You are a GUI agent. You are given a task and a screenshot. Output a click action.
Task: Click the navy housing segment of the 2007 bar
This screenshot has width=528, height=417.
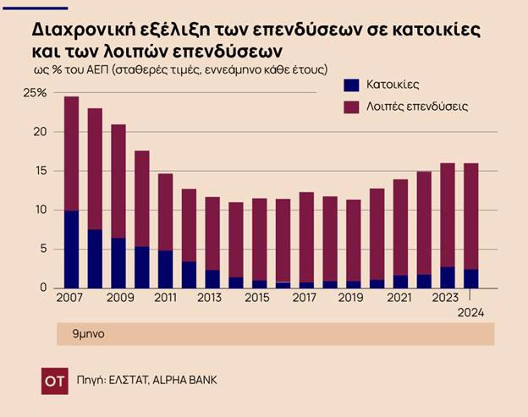(x=71, y=250)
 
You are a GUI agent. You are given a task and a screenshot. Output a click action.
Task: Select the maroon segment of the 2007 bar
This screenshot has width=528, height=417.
(x=71, y=153)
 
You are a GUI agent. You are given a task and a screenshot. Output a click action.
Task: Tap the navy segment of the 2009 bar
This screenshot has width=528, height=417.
(x=118, y=263)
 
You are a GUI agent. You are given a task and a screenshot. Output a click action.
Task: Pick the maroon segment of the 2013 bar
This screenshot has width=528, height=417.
(x=212, y=233)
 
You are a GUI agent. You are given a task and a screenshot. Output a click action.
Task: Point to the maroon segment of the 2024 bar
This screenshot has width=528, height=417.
(x=471, y=216)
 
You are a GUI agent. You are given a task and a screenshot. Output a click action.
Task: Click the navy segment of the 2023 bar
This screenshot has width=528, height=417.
(x=448, y=277)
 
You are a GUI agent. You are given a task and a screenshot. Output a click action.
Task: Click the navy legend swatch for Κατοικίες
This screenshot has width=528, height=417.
(x=352, y=85)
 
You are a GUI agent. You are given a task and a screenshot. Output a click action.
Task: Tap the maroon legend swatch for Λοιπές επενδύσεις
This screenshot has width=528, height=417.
(x=352, y=107)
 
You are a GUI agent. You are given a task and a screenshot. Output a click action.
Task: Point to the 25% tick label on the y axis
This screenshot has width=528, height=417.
(x=36, y=93)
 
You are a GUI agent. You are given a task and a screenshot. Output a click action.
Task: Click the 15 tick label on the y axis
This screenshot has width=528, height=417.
(x=38, y=171)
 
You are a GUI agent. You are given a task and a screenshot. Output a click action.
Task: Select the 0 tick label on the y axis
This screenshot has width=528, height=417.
(x=41, y=288)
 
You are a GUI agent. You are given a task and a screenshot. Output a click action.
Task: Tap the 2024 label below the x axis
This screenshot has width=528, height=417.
(x=470, y=314)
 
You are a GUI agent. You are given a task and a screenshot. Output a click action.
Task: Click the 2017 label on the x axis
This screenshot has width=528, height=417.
(x=305, y=298)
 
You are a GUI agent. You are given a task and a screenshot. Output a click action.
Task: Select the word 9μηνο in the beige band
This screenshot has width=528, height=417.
(x=86, y=334)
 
